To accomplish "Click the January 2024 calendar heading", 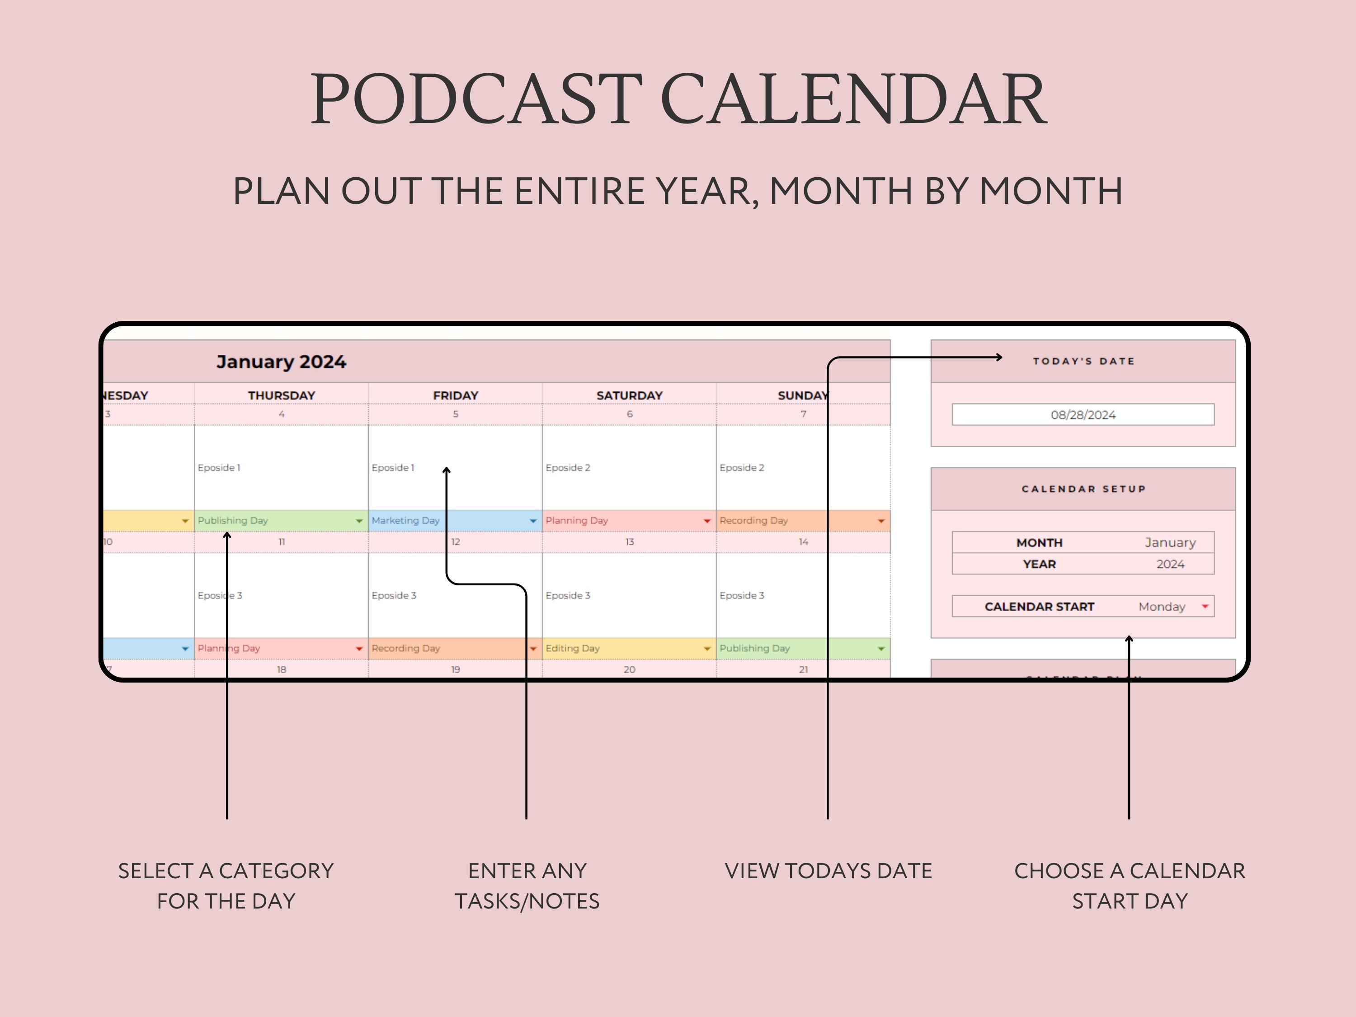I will (282, 362).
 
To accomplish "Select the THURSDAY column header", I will (282, 395).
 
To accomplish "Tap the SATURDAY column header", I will (630, 395).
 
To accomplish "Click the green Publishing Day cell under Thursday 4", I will (276, 520).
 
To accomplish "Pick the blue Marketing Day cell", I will (451, 520).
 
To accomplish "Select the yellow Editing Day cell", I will (625, 648).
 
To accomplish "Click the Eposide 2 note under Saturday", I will (568, 468).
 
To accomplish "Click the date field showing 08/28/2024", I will (1083, 415).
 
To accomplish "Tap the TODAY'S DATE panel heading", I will (1083, 361).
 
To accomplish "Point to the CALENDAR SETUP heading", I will (1083, 489).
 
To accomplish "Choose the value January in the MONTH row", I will (1170, 542).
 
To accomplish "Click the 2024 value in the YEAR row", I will (1170, 564).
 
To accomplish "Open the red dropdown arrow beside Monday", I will (1205, 606).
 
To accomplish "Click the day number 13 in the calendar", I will (630, 542).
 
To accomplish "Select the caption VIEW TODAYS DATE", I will (828, 871).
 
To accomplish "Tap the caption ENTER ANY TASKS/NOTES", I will (527, 886).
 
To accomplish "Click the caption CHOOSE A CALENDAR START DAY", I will (1129, 886).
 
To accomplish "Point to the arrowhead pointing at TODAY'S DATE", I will (998, 357).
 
